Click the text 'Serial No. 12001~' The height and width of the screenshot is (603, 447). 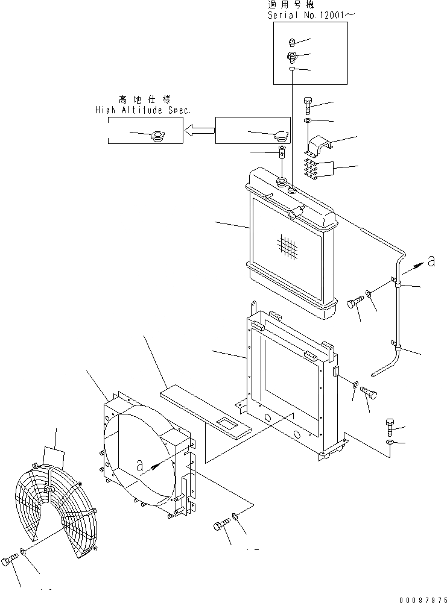307,15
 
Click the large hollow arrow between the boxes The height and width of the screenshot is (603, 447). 199,130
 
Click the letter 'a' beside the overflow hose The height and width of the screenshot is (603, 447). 431,261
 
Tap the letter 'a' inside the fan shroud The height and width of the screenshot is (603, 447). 140,465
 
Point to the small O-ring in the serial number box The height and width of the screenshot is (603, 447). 291,70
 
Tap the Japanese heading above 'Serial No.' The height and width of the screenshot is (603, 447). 290,4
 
